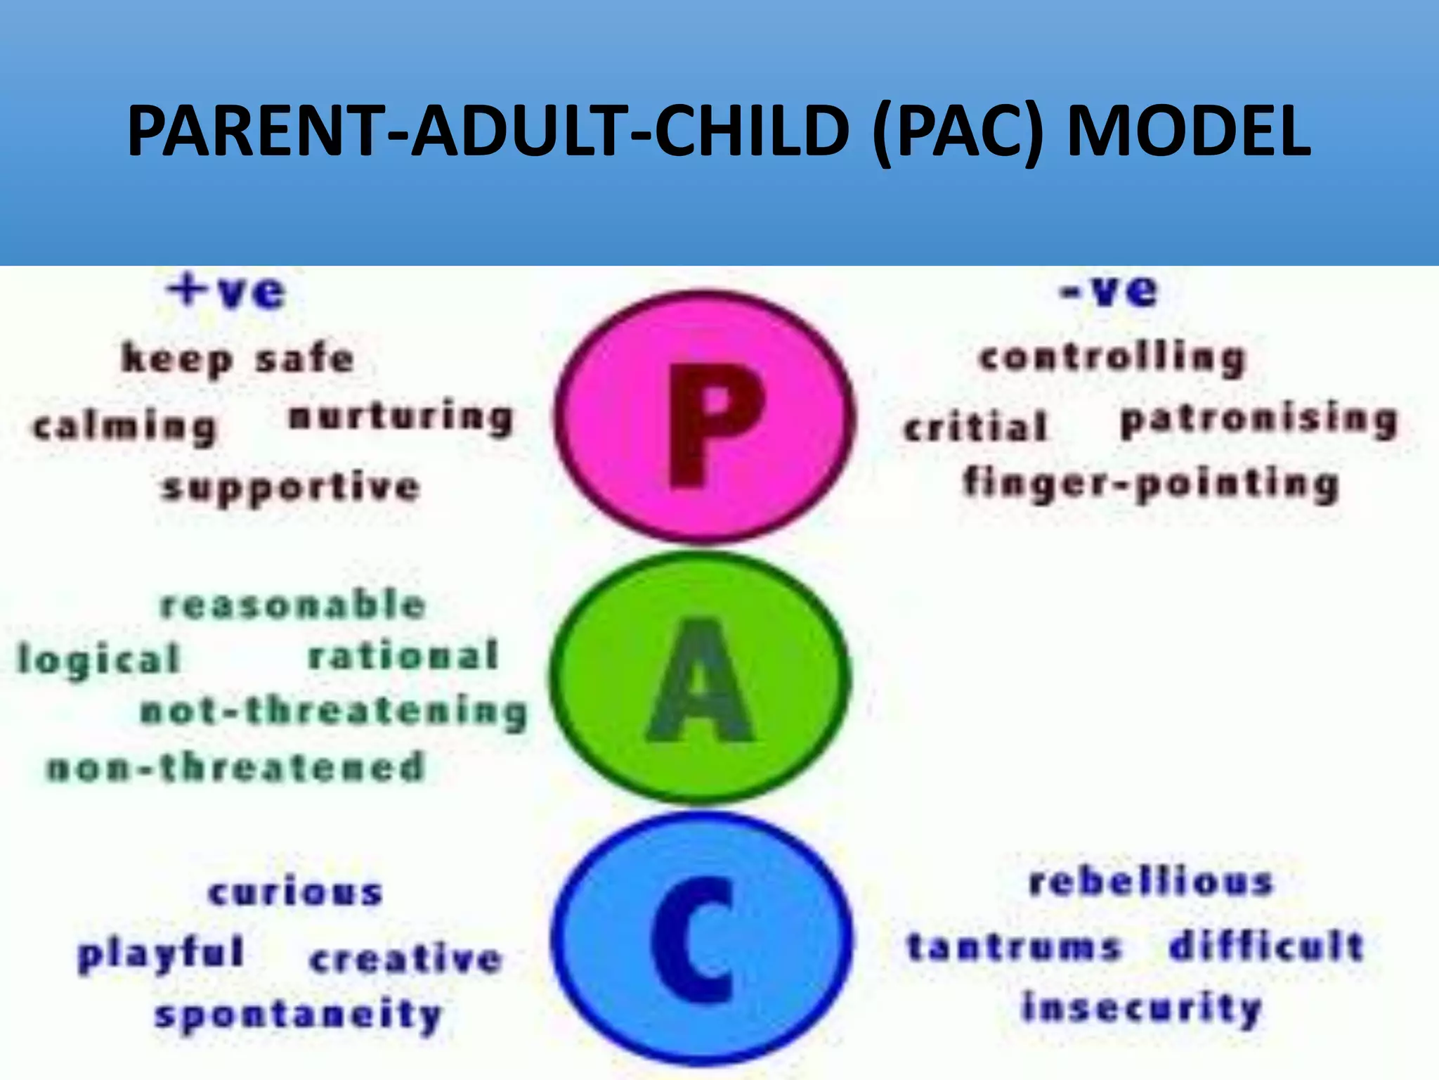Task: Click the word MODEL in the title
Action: point(1187,131)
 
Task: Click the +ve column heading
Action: point(226,291)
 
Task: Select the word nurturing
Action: point(401,418)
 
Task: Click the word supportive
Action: point(291,487)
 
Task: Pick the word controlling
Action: point(1112,359)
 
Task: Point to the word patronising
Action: point(1258,421)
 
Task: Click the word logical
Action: point(99,660)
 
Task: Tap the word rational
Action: point(403,655)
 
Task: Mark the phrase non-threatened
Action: point(236,766)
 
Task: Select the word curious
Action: point(295,892)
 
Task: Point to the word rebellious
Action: point(1150,882)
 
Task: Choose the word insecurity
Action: point(1141,1009)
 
